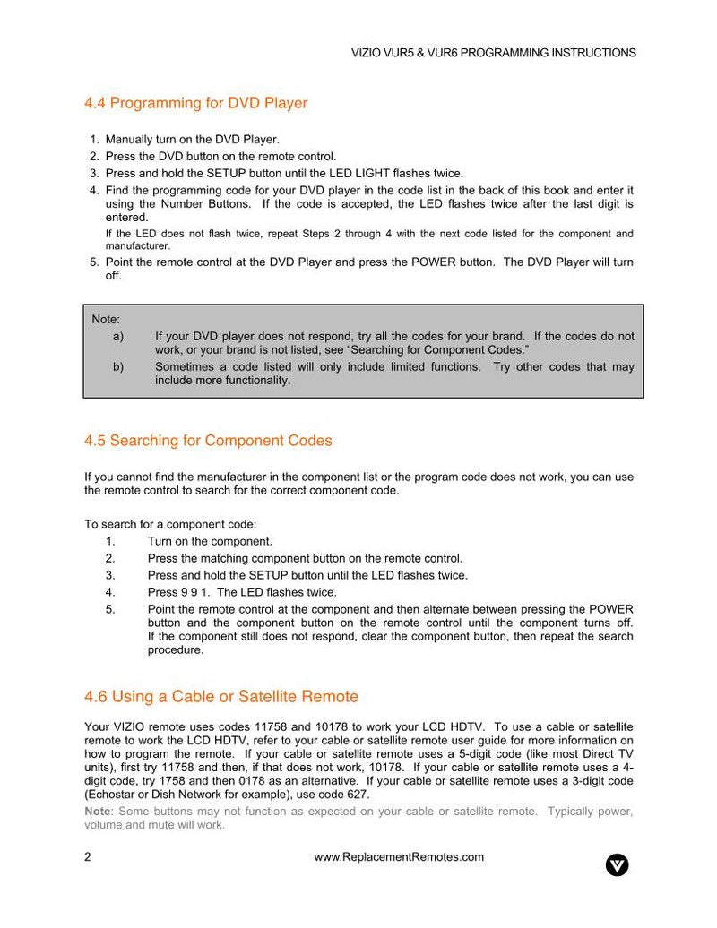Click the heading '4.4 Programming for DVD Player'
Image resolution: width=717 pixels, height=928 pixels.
pyautogui.click(x=195, y=103)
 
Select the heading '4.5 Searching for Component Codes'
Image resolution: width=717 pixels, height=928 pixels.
pyautogui.click(x=208, y=441)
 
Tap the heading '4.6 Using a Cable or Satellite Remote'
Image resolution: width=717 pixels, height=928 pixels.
pyautogui.click(x=220, y=697)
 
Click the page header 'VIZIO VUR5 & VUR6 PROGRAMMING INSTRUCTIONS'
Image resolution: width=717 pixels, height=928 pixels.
pyautogui.click(x=493, y=53)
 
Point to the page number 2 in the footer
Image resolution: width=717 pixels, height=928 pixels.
pyautogui.click(x=88, y=857)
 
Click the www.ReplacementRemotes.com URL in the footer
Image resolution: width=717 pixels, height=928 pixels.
pyautogui.click(x=399, y=857)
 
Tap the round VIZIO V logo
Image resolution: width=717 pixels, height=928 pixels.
pyautogui.click(x=617, y=864)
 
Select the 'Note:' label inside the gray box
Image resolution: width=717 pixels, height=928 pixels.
pyautogui.click(x=106, y=319)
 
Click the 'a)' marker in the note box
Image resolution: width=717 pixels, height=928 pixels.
pyautogui.click(x=118, y=337)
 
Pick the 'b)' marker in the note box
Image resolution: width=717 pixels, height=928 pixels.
pyautogui.click(x=118, y=367)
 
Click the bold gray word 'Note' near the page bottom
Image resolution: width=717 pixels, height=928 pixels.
pyautogui.click(x=97, y=812)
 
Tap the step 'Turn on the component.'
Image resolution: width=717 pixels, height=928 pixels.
pyautogui.click(x=210, y=542)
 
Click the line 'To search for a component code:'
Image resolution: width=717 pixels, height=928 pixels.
pyautogui.click(x=170, y=525)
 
